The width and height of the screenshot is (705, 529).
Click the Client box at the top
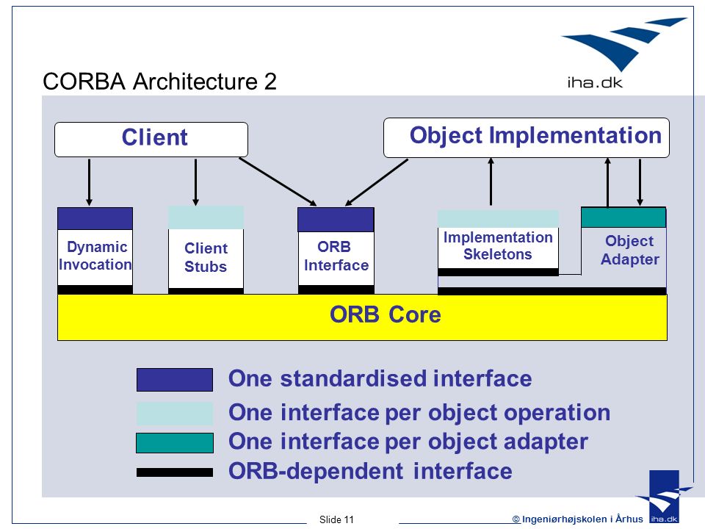click(151, 140)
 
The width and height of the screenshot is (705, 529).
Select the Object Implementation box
click(526, 137)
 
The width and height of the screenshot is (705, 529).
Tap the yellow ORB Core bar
click(362, 317)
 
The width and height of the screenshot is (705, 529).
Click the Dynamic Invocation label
click(95, 256)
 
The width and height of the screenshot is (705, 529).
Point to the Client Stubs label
click(206, 257)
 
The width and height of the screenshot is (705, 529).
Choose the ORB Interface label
click(336, 256)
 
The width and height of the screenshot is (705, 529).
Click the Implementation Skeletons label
click(498, 245)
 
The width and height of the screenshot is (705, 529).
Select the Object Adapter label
click(630, 250)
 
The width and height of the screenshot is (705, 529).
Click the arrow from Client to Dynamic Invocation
click(89, 182)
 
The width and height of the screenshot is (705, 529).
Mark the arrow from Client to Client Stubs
click(195, 182)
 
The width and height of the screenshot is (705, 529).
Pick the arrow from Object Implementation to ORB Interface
click(377, 182)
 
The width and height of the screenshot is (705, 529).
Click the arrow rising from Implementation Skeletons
click(491, 181)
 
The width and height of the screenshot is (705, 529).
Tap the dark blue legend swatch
click(175, 380)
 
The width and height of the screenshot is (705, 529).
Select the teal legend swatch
click(175, 443)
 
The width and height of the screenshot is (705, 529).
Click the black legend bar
click(175, 472)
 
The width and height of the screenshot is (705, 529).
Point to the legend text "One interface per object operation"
click(419, 412)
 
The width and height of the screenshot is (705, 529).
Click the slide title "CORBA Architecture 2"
click(159, 82)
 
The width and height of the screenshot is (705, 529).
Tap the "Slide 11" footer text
click(336, 519)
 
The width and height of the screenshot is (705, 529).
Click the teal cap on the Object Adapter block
click(623, 217)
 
